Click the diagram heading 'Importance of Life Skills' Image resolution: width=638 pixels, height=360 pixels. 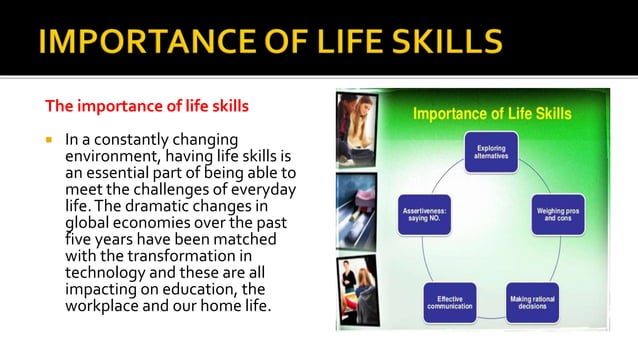[492, 113]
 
